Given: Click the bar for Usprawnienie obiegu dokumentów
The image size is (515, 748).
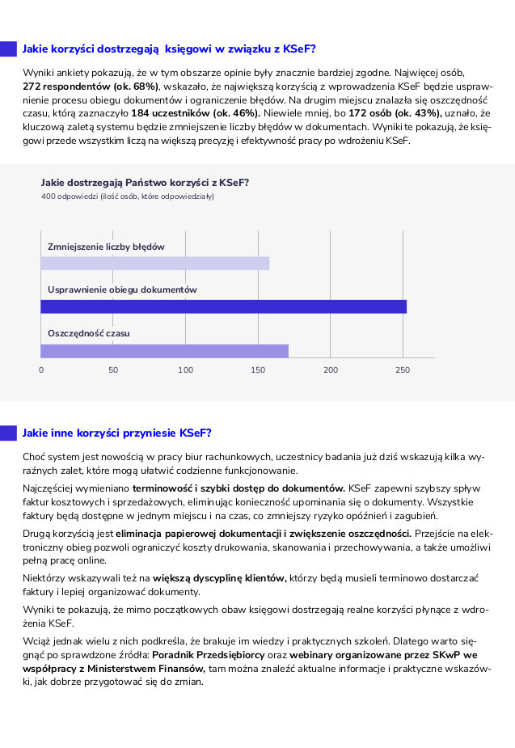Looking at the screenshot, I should (223, 306).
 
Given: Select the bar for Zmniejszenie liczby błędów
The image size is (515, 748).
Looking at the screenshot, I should (154, 263).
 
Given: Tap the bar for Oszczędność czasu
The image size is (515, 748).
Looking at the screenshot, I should (164, 350).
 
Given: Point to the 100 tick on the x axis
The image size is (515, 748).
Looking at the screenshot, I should (185, 370).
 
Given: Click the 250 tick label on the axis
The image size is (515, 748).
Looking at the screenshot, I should (403, 370).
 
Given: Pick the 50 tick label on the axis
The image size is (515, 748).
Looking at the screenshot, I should (113, 370).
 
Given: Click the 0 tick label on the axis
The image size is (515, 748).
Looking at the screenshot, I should (41, 370).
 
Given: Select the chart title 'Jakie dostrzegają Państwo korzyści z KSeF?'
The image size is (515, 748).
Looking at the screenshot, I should (145, 183).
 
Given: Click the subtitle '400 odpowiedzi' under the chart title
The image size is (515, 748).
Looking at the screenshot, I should (127, 196).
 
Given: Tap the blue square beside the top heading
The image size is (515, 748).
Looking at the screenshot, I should (8, 49).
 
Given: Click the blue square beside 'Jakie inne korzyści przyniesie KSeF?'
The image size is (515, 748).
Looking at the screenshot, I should (8, 433).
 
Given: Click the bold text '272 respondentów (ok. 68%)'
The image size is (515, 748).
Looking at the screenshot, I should (91, 86).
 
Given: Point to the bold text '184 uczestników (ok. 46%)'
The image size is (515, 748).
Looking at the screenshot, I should (194, 113).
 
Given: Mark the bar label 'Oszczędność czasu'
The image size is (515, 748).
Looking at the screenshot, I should (88, 333).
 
